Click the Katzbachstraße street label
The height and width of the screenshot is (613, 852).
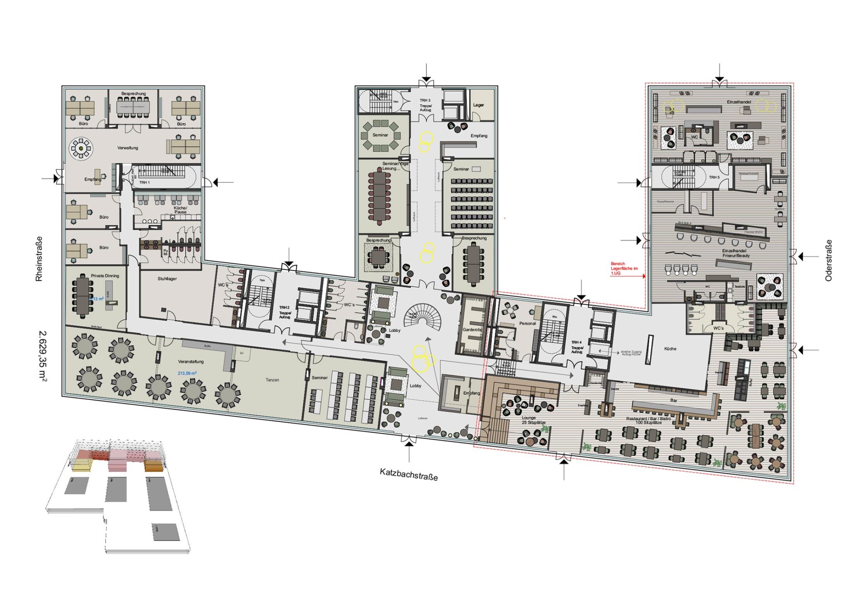point(409,474)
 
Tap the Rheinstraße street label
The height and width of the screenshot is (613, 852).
point(39,259)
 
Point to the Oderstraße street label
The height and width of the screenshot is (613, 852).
point(828,260)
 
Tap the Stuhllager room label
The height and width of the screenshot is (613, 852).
point(167,279)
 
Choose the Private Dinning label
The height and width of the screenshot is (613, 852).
point(105,276)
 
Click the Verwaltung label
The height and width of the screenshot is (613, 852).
point(128,148)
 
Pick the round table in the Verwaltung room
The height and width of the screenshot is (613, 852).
point(81,148)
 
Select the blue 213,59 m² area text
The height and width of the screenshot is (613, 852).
point(187,373)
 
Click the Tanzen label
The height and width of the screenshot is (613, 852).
point(272,380)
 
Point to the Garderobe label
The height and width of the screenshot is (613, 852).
point(473,329)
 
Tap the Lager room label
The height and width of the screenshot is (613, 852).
point(478,105)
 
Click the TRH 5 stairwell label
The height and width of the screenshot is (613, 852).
point(714,177)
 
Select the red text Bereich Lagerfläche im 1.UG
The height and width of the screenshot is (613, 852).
point(624,269)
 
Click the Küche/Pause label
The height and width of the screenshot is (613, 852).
point(181,210)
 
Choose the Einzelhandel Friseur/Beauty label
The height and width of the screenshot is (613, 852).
point(736,253)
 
